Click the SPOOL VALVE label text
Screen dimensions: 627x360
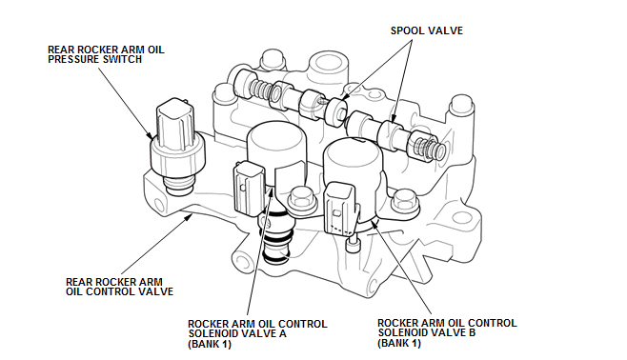coord(427,30)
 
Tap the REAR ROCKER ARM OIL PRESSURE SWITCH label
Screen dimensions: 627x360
coord(106,54)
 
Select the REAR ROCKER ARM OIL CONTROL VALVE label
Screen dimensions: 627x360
coord(119,287)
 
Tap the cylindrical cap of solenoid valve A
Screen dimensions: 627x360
coord(276,145)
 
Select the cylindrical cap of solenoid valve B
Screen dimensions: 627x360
coord(354,161)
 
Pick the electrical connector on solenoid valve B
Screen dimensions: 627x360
coord(339,209)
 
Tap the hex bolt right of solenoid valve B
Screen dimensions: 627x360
coord(405,202)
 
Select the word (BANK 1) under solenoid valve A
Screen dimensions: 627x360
coord(210,344)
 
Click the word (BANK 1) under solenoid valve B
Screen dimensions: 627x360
coord(399,343)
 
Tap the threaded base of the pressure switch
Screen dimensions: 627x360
coord(179,187)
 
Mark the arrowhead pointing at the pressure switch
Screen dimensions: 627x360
coord(149,136)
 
